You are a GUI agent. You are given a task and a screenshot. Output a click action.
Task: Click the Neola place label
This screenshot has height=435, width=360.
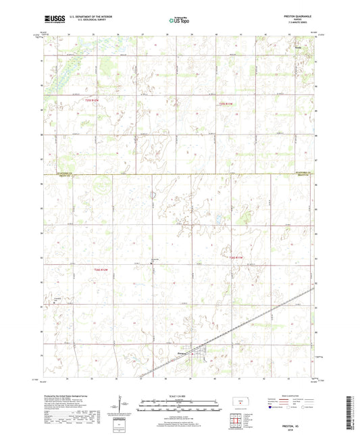tap(296, 48)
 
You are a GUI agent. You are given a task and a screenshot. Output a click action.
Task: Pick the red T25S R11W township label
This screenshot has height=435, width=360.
tap(226, 103)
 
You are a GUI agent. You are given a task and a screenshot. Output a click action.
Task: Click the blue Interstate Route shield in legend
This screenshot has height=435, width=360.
tap(271, 407)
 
